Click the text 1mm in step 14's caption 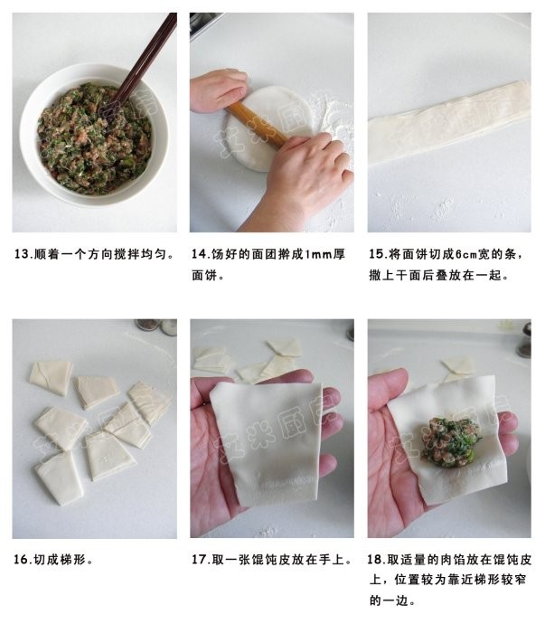pos(310,255)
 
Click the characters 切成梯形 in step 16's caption pos(63,560)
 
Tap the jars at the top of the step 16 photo pos(155,326)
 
